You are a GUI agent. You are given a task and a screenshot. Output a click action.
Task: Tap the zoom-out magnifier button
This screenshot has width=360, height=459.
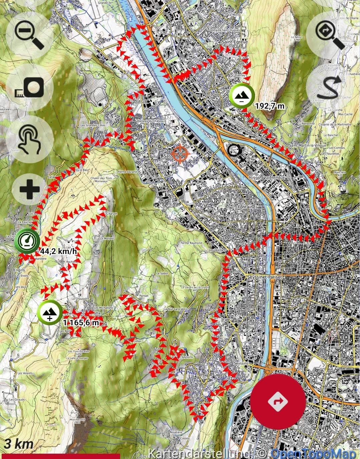(29, 35)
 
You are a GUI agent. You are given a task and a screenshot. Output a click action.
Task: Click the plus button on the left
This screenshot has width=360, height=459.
(30, 189)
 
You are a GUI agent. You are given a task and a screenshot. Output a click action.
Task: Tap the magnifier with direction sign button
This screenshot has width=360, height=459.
(330, 35)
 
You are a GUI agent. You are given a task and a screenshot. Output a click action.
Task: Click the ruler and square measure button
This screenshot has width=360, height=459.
(30, 88)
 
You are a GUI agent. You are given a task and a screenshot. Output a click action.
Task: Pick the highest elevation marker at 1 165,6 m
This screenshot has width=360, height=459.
(49, 313)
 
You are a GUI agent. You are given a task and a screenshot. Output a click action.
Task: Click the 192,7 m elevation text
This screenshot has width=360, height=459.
(270, 106)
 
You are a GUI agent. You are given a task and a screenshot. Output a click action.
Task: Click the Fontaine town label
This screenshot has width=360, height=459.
(247, 207)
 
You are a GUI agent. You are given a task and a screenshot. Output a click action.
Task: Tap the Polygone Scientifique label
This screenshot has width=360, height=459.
(267, 178)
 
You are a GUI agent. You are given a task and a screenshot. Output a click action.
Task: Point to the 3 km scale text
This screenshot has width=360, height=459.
(19, 444)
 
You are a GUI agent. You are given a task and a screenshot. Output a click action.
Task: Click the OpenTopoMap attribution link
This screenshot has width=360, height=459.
(313, 454)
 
